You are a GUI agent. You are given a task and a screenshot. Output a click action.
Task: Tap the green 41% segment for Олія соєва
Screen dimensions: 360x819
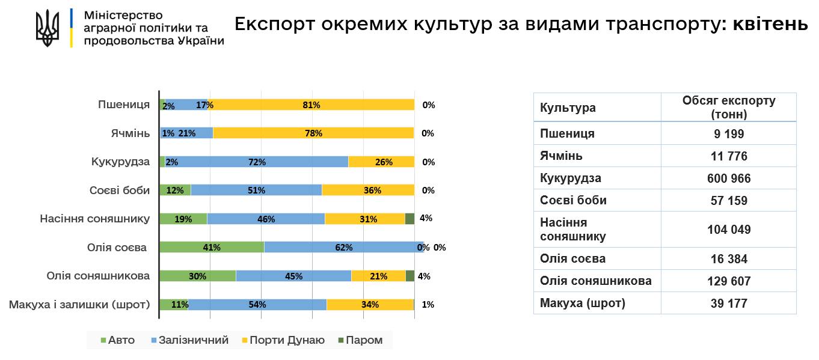click(212, 247)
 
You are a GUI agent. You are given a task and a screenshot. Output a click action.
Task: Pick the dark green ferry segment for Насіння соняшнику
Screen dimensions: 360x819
click(409, 219)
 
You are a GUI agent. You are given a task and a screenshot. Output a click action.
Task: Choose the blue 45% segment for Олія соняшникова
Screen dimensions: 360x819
click(293, 276)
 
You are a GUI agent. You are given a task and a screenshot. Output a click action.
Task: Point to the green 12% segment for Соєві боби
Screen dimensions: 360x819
click(175, 190)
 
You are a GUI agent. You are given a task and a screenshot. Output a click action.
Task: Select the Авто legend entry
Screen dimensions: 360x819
click(118, 340)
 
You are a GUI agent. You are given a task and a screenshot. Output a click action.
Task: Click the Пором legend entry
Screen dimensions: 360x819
click(360, 340)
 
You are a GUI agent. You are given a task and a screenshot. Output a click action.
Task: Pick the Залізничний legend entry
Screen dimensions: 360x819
click(190, 340)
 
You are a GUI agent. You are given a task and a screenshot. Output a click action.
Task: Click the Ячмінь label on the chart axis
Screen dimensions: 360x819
click(131, 133)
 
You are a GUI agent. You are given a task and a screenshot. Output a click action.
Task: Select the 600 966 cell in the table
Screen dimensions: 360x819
click(728, 178)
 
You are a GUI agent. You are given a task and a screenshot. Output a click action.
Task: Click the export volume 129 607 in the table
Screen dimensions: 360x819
click(728, 281)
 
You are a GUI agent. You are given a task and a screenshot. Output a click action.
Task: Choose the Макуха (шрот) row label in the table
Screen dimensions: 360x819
click(583, 303)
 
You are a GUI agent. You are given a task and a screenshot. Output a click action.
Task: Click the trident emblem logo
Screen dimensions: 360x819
click(48, 28)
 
